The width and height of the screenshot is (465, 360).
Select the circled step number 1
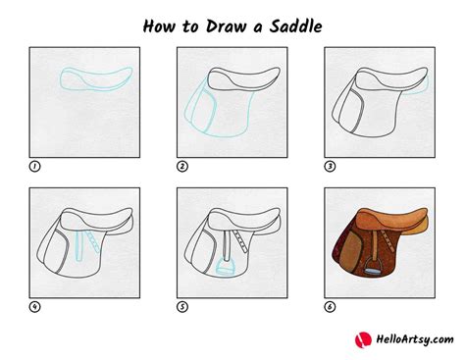[x=36, y=167]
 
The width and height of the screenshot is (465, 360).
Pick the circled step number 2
[x=181, y=167]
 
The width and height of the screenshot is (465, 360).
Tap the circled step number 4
[x=36, y=305]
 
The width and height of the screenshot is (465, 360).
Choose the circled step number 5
[x=181, y=305]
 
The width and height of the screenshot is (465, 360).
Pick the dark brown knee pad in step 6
[x=344, y=250]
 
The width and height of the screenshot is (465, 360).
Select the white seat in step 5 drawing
[x=241, y=218]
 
